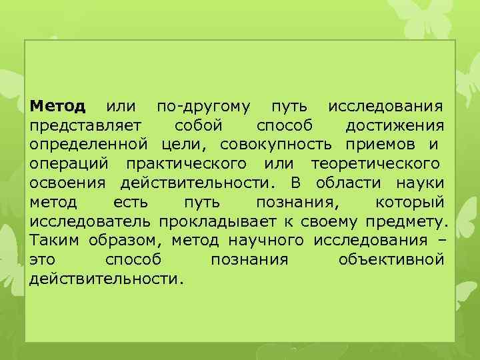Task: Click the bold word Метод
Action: click(58, 107)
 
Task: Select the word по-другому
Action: click(203, 107)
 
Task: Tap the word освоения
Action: click(70, 183)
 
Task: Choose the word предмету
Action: click(408, 221)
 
